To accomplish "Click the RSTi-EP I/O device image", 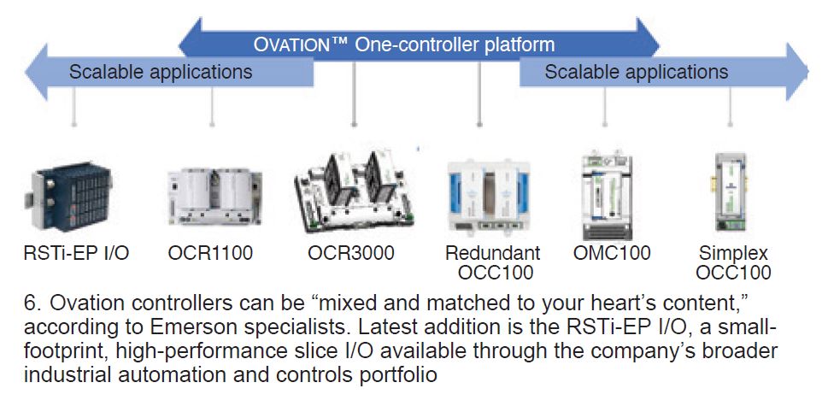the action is (68, 197).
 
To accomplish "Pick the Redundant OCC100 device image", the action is (488, 196).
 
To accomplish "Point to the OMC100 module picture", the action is (606, 196).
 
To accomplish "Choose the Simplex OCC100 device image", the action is (731, 192).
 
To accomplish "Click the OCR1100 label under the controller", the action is (210, 253).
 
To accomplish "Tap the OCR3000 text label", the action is (351, 253).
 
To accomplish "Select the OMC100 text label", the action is (612, 253).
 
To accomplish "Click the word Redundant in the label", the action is (493, 253).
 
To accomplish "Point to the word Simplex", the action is (733, 254).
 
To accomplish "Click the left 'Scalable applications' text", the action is (161, 72).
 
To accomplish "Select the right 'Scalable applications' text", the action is (637, 72).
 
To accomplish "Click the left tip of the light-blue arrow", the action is (26, 72).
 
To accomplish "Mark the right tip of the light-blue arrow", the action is (807, 72).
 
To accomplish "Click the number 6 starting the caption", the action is (30, 304).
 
